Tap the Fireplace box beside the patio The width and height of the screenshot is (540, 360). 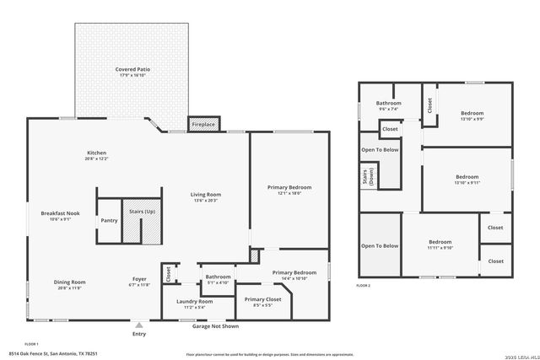(203, 125)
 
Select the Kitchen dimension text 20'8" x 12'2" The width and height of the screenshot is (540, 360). (97, 159)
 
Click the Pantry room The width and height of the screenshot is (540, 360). (109, 221)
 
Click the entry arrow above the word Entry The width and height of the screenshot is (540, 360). (138, 323)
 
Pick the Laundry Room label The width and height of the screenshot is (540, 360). (194, 302)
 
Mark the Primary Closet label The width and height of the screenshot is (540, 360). (262, 299)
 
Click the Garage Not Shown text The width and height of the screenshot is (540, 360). (215, 326)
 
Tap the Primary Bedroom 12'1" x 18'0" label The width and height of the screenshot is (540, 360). (289, 187)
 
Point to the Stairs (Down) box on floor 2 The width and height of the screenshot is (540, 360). (368, 175)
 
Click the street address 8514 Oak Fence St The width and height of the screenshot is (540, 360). (52, 353)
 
